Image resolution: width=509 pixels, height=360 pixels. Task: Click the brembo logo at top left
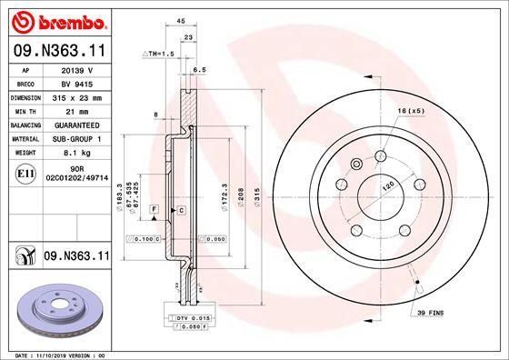click(56, 20)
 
